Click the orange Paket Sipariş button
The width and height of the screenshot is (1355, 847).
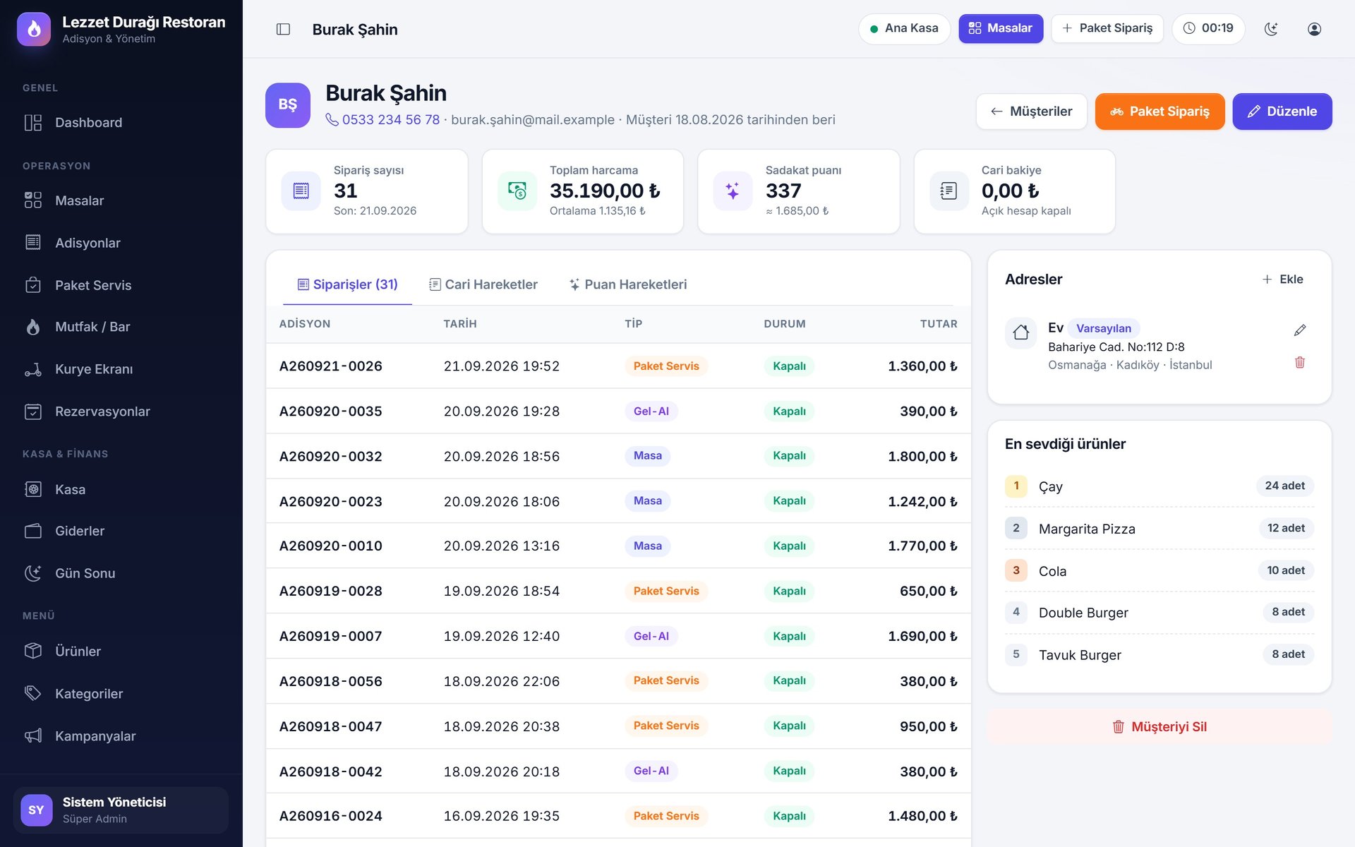[x=1160, y=112]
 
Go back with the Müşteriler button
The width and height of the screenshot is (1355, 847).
[x=1031, y=112]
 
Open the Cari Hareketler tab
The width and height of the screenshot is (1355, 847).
[x=483, y=284]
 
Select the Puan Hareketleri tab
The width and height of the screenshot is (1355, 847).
[x=628, y=284]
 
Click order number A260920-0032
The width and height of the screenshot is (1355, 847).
[x=330, y=456]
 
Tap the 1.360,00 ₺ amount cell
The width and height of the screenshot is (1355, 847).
[x=922, y=366]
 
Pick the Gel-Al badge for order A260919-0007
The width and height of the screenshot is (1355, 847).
[x=651, y=636]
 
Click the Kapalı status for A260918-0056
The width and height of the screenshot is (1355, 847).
[x=789, y=680]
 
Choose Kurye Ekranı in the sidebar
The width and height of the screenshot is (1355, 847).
[x=94, y=369]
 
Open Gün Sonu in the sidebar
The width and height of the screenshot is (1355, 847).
[x=85, y=573]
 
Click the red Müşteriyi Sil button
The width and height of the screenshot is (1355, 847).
[x=1160, y=726]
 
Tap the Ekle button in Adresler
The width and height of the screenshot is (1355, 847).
[x=1282, y=280]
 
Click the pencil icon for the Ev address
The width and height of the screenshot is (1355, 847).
[x=1300, y=330]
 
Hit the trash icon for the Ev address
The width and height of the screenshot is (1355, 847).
[x=1300, y=363]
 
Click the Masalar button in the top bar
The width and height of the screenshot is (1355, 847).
[x=1001, y=28]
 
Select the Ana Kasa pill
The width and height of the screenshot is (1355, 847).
[x=904, y=28]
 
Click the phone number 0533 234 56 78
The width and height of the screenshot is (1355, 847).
[x=390, y=120]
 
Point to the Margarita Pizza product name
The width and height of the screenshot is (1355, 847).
[x=1087, y=529]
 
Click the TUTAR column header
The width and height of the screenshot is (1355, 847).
[x=939, y=324]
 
